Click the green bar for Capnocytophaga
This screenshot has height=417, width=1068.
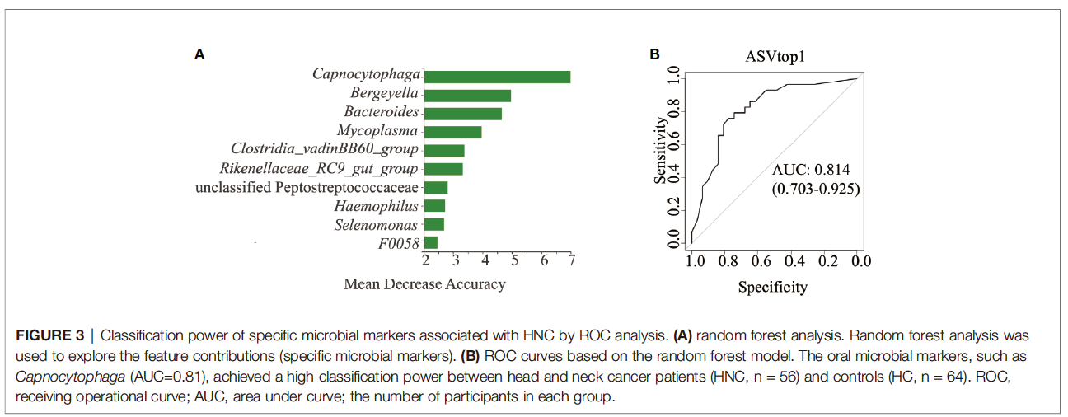point(498,77)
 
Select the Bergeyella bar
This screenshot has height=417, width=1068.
point(467,95)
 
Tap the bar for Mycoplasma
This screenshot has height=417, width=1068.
point(453,132)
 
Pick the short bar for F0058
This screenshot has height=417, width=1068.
point(431,242)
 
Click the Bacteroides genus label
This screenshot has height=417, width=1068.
point(382,112)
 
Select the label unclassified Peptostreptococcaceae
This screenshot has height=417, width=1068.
point(307,188)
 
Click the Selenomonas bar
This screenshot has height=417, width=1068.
point(434,224)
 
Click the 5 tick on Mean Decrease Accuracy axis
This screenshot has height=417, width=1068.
point(515,261)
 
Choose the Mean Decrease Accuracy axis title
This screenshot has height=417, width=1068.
point(424,284)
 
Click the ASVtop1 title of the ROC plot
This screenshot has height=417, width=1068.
point(773,57)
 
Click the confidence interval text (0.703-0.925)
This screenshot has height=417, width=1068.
point(816,189)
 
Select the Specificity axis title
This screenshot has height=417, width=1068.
point(773,288)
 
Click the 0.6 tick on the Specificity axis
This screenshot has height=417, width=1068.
point(761,262)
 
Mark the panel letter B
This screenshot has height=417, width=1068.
point(654,54)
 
